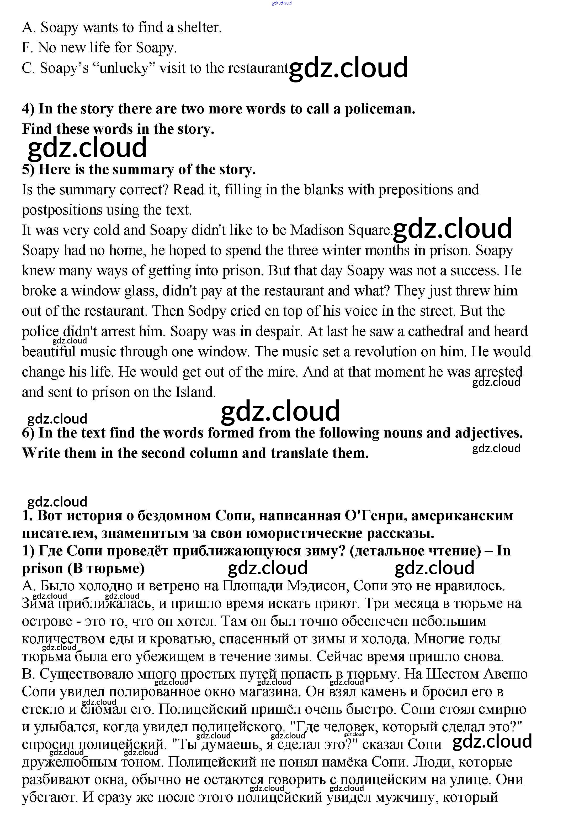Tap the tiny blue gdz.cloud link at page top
coord(281,3)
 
